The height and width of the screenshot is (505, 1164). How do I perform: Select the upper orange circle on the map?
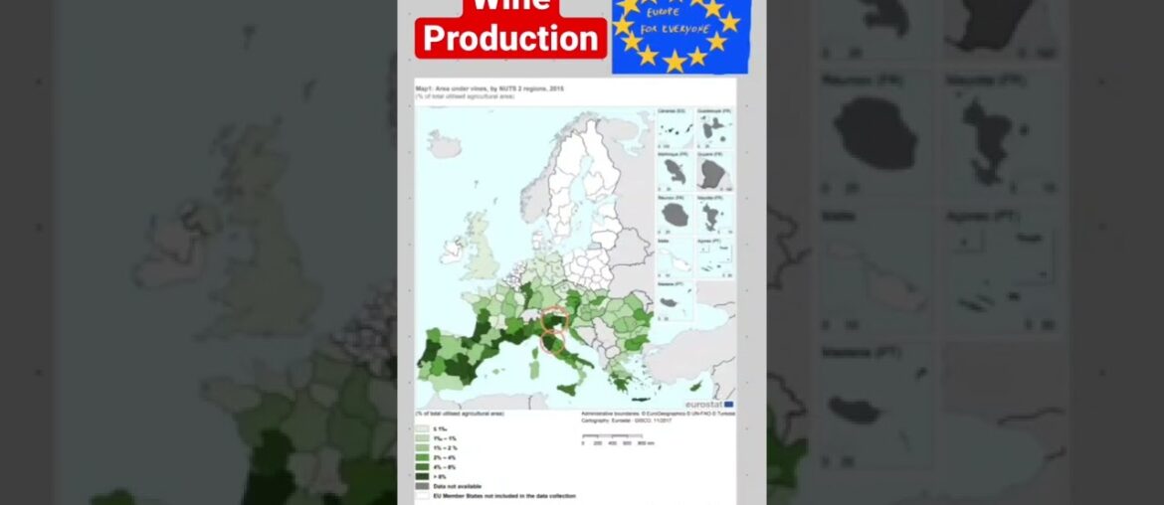[x=555, y=319]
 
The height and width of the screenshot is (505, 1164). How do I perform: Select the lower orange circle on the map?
[x=553, y=344]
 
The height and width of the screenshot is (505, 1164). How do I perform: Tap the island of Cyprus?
[x=695, y=387]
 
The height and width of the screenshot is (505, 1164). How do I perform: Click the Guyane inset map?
[x=713, y=173]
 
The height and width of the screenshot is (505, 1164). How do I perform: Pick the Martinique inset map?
[x=674, y=173]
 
